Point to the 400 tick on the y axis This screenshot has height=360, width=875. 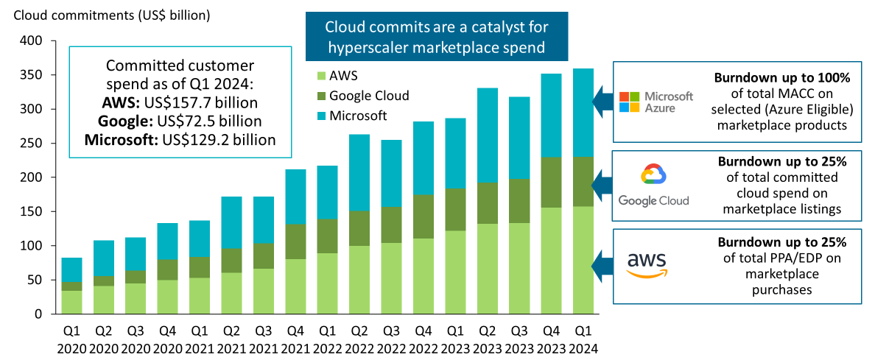click(x=32, y=41)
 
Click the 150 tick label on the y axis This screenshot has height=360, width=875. click(x=32, y=212)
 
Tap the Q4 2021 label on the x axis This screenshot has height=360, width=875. click(x=295, y=340)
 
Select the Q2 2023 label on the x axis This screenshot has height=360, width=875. click(x=487, y=340)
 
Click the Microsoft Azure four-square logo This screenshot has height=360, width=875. click(x=630, y=102)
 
